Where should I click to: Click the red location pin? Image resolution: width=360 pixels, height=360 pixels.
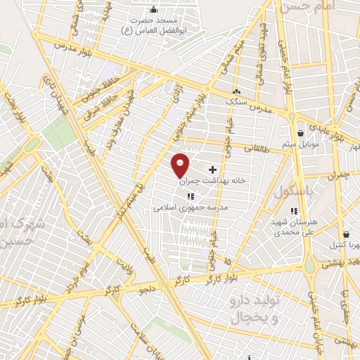coord(181,165)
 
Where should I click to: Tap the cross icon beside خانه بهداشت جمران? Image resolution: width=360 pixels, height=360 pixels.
coord(212,169)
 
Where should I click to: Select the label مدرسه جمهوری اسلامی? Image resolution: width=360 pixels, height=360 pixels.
coord(191,208)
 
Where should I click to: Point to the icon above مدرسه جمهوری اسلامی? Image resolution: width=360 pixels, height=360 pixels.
coord(190,198)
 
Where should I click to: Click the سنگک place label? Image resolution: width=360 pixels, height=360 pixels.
coord(236,101)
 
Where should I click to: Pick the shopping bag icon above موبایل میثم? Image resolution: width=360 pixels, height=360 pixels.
coord(300,133)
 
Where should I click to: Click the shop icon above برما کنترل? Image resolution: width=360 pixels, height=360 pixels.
coord(346,235)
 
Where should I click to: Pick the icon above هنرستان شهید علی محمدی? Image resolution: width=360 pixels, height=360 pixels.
coord(295,211)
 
